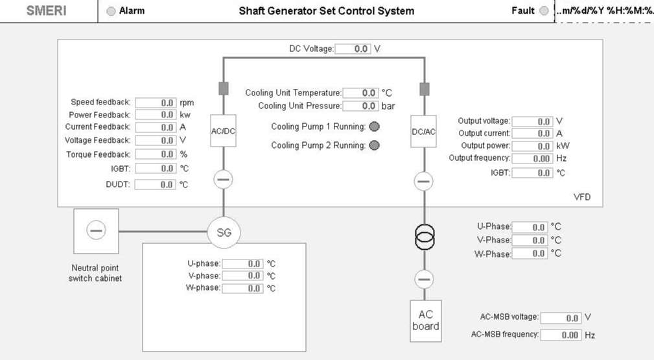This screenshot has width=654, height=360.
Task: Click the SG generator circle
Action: click(x=224, y=233)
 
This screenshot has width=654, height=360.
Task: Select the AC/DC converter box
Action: click(x=223, y=131)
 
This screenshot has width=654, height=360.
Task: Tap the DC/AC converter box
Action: click(x=424, y=132)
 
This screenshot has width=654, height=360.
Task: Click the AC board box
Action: click(x=426, y=320)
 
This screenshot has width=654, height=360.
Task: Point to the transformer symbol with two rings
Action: click(x=425, y=237)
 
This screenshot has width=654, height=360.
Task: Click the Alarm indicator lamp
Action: click(x=111, y=11)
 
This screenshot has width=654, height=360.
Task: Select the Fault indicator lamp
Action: click(x=544, y=11)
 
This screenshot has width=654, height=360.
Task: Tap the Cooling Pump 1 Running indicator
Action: click(x=375, y=126)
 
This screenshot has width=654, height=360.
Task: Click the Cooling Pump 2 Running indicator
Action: click(x=375, y=145)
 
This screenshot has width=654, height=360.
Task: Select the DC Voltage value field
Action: click(x=353, y=49)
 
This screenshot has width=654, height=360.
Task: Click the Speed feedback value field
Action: click(x=156, y=102)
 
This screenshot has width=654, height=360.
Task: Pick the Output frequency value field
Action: click(x=533, y=159)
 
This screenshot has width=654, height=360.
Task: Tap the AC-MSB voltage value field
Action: click(x=561, y=318)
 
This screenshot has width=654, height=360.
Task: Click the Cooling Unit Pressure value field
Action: click(x=361, y=106)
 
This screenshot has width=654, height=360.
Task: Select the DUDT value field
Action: click(x=155, y=185)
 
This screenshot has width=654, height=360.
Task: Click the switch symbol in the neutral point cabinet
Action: click(x=96, y=230)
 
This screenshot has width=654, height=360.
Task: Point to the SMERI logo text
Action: click(x=46, y=11)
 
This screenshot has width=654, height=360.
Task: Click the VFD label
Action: click(x=582, y=197)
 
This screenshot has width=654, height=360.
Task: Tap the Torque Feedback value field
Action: click(x=156, y=154)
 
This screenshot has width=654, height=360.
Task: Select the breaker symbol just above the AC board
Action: click(x=424, y=280)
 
